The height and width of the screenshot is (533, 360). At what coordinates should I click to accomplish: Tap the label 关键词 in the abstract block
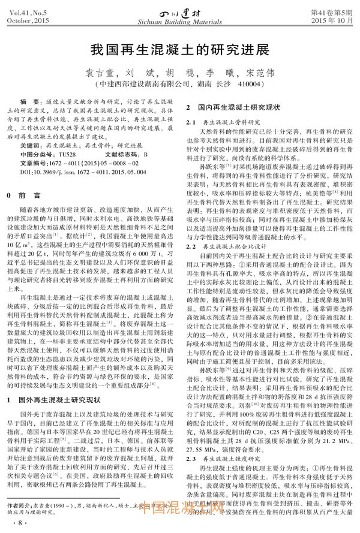point(29,146)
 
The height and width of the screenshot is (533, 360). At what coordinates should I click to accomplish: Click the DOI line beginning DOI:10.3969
point(78,171)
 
